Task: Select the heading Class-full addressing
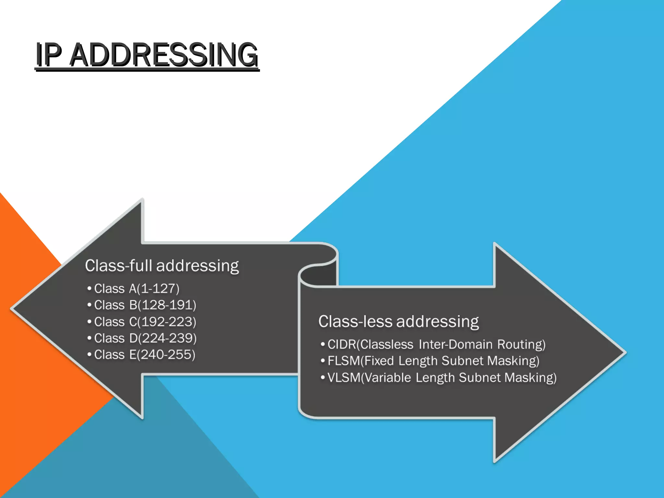[162, 266]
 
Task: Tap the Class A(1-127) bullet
[136, 289]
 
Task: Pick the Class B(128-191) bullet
[145, 305]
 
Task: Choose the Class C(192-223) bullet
[145, 322]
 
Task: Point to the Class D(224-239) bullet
[145, 338]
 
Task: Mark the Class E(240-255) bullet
[144, 355]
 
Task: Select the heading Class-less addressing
[398, 321]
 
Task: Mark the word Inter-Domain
[455, 344]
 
